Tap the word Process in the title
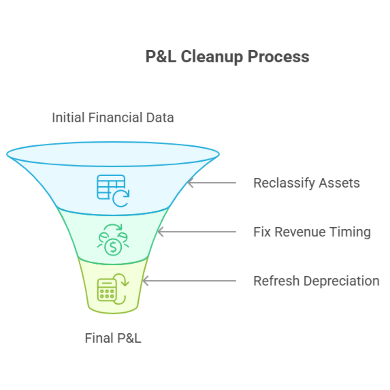click(279, 57)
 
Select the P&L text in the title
click(161, 57)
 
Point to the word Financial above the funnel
click(113, 117)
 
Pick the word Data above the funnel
click(159, 117)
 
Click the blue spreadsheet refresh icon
click(113, 190)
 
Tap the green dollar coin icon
click(113, 242)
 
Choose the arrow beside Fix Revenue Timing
click(197, 232)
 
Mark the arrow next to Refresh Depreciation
click(189, 281)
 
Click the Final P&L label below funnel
click(113, 338)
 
